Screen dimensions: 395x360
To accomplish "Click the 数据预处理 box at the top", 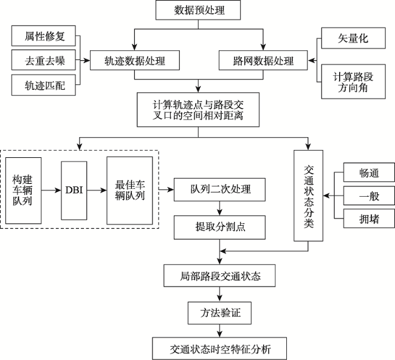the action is tap(198, 10).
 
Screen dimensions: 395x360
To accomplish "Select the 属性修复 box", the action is tap(44, 36).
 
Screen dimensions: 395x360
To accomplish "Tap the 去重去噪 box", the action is tap(44, 60).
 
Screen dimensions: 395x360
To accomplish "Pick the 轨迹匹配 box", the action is tap(44, 85).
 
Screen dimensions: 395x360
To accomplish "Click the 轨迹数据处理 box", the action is tap(135, 61).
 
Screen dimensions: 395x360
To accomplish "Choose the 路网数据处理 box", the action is tap(263, 61).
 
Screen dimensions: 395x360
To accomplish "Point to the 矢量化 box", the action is tap(354, 38).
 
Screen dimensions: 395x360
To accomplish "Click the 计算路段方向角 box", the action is tap(354, 81).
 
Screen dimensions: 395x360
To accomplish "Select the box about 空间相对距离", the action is tap(198, 110).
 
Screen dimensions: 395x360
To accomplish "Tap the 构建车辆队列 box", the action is tap(24, 191).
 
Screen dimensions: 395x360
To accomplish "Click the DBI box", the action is tap(74, 191).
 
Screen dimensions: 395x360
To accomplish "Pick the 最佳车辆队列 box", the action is tap(129, 191).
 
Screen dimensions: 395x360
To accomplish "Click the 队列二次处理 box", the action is tap(219, 189).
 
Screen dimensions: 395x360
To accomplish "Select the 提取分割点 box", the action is tap(219, 227).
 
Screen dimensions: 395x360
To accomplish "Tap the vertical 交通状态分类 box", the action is tap(308, 195).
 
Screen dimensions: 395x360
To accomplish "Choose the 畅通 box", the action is tap(369, 172).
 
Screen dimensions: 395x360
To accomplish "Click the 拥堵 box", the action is tap(369, 219).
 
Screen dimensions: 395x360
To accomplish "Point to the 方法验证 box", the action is tap(219, 313).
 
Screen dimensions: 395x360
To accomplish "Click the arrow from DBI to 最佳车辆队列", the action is tap(97, 191).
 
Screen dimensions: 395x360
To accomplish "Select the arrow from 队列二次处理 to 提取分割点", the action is tap(219, 208).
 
